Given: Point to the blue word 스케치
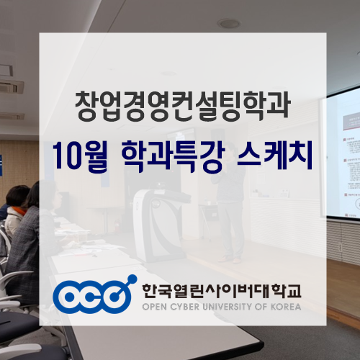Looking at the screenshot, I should (x=273, y=155).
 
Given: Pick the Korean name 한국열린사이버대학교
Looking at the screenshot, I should (x=221, y=290).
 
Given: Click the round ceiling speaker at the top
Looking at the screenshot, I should (x=229, y=24).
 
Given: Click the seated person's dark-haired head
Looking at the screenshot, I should (x=17, y=195).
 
